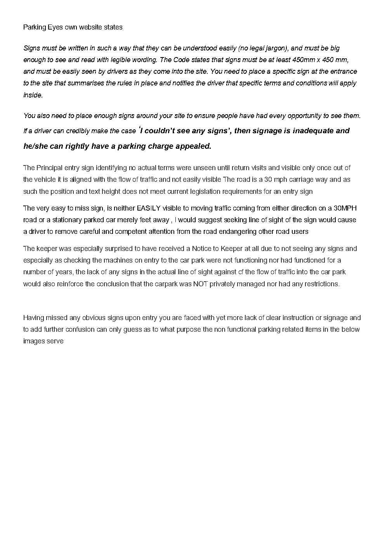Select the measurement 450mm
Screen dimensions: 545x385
(303, 60)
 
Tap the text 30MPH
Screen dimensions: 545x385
(345, 208)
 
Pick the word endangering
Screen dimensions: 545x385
(227, 232)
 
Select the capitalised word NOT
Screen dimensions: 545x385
(200, 284)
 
